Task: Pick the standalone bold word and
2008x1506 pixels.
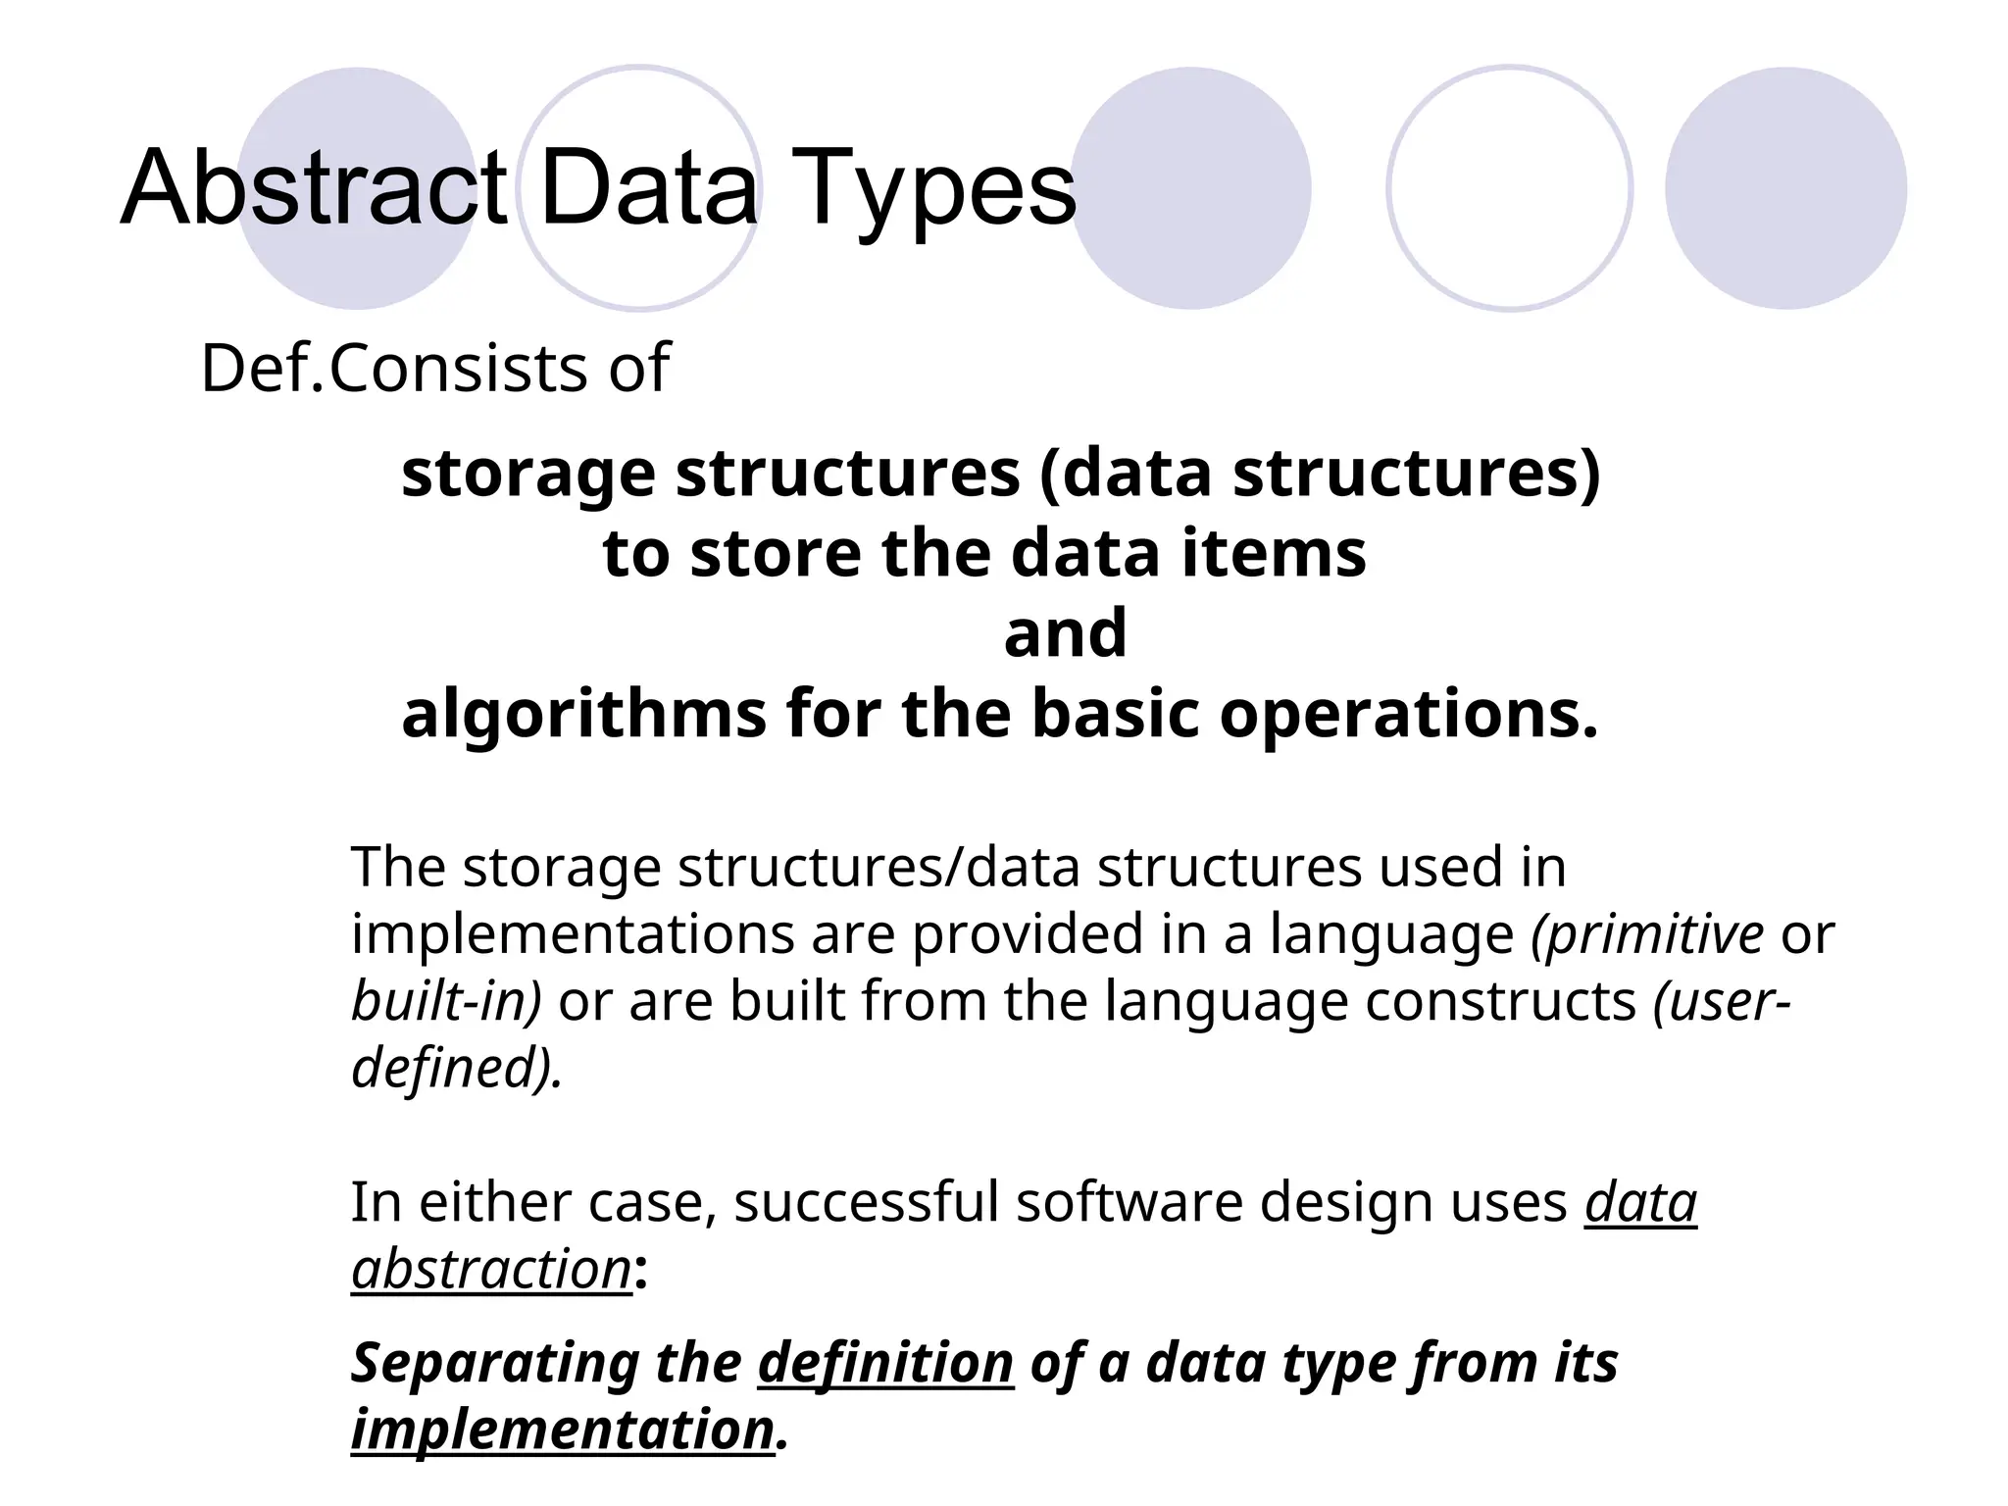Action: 1065,633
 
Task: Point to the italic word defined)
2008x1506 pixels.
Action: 457,1068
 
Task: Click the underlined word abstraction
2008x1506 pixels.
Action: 491,1270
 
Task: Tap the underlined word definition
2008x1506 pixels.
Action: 885,1364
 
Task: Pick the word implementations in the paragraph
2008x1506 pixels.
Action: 573,933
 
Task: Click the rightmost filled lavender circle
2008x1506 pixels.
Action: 1785,188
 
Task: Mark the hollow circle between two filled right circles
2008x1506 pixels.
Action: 1509,188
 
